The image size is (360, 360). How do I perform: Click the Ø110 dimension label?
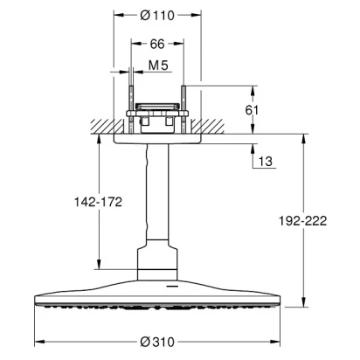(157, 15)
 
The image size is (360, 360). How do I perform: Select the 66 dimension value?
(157, 44)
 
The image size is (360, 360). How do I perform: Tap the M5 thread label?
(158, 66)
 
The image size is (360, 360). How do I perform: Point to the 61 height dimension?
(252, 110)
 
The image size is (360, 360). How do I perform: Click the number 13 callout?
(266, 161)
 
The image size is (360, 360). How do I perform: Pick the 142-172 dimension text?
(98, 202)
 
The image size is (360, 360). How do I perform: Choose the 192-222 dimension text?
(303, 221)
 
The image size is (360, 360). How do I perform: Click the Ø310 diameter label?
(157, 342)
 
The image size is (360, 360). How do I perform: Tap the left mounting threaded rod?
(131, 109)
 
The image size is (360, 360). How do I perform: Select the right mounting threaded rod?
(183, 109)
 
